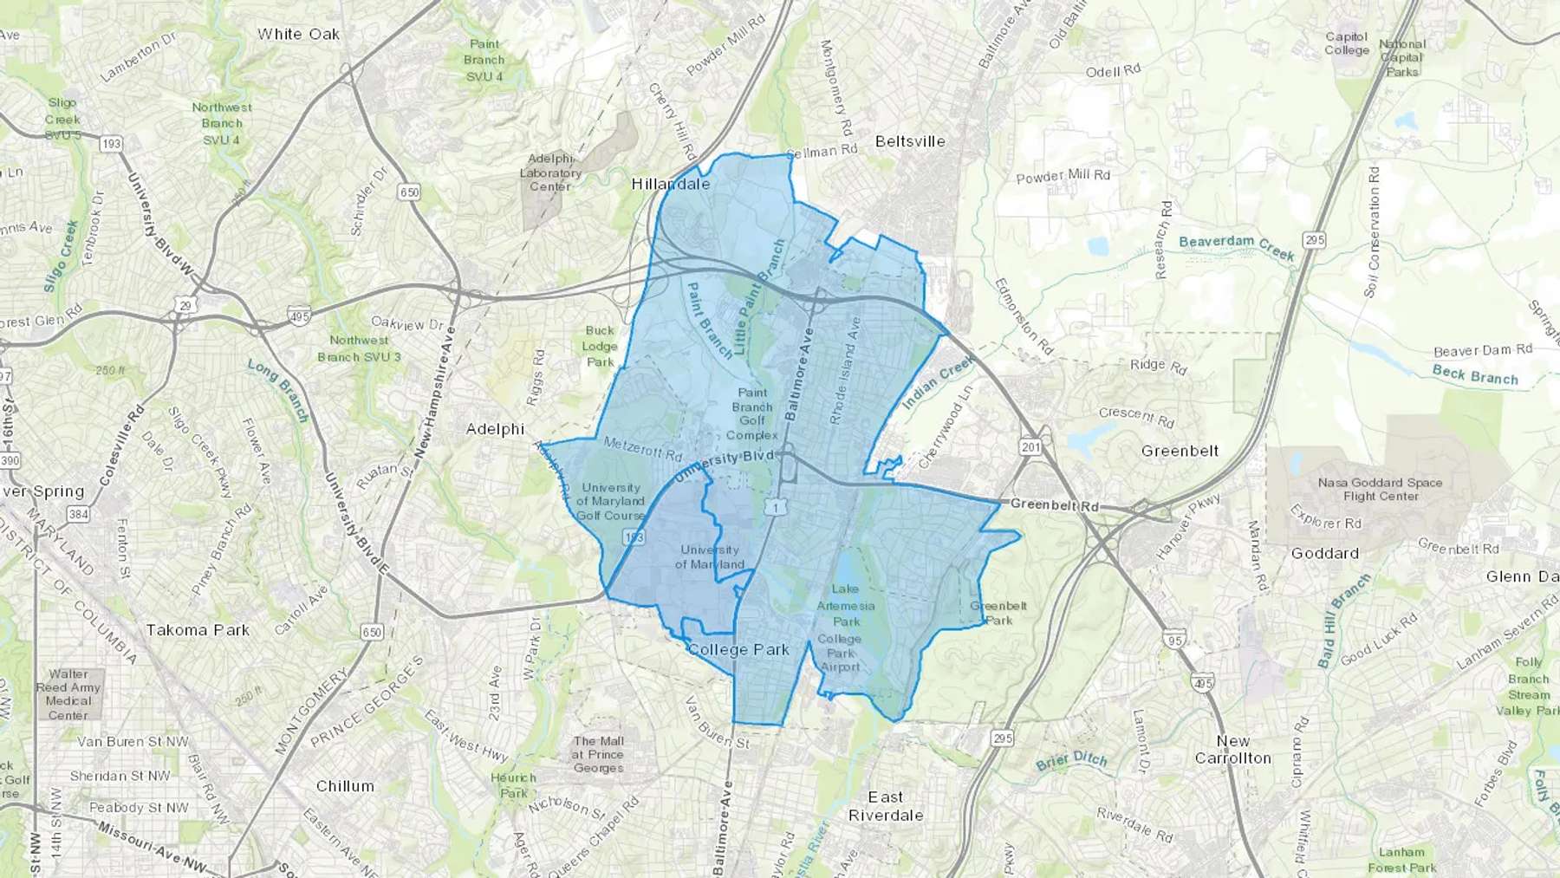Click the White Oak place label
[x=298, y=34]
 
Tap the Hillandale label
[x=670, y=184]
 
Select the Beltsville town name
[x=909, y=141]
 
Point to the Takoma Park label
[x=198, y=630]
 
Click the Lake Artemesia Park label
[x=846, y=605]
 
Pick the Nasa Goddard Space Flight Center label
[x=1380, y=490]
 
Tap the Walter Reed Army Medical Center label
[x=68, y=694]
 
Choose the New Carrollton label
[x=1232, y=750]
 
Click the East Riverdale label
[x=885, y=806]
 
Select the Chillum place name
[x=345, y=786]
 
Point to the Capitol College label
[x=1346, y=43]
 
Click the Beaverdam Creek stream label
[x=1237, y=247]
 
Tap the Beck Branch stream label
[x=1475, y=374]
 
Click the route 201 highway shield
[x=1030, y=447]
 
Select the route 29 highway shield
[x=185, y=304]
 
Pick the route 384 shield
[x=78, y=515]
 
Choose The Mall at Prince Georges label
[x=598, y=754]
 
